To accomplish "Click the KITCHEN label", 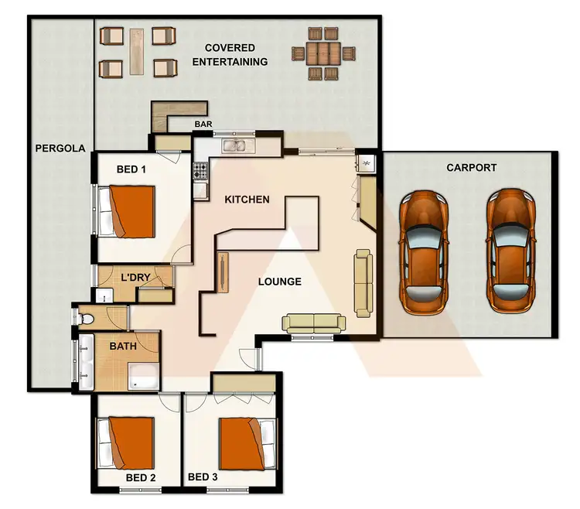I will (x=247, y=200).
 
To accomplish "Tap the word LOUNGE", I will (x=280, y=282).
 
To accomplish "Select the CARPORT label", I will (x=471, y=167).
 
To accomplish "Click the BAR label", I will (x=203, y=124).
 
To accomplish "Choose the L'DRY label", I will (x=135, y=276).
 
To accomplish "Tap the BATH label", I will (x=122, y=347).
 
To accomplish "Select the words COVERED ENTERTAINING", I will (x=230, y=55).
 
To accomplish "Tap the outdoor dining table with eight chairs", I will (x=324, y=53).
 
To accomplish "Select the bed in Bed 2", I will (x=126, y=443).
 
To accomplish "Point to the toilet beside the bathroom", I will (x=88, y=318).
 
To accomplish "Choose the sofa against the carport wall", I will (x=363, y=282).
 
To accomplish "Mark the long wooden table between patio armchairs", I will (x=138, y=51).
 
